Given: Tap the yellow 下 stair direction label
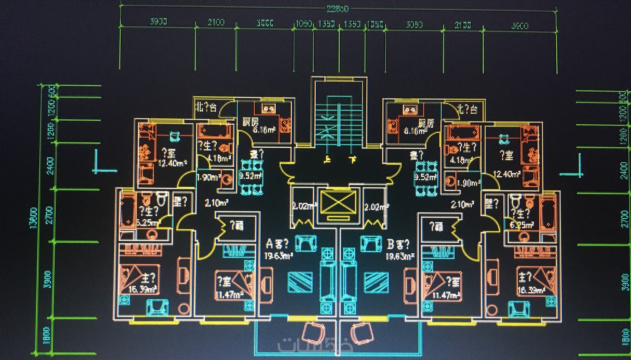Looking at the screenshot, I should click(352, 160).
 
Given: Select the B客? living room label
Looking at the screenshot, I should click(398, 244).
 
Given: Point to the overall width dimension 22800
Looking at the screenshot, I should click(337, 9).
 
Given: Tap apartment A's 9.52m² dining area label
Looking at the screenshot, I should click(251, 176).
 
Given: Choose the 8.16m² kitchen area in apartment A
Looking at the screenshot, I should click(264, 130).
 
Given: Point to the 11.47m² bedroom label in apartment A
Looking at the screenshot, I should click(229, 295).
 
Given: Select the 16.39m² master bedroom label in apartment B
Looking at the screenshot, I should click(531, 290).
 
